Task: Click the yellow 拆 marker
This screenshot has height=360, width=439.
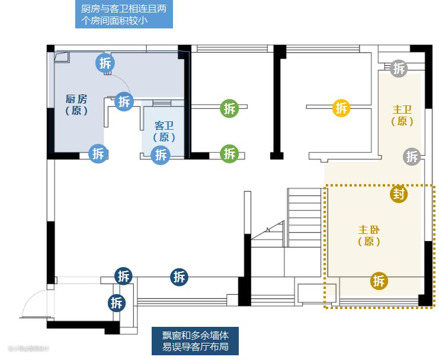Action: point(341,108)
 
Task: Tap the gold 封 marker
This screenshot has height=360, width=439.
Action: point(399,194)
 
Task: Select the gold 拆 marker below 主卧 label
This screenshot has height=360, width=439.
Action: point(379,281)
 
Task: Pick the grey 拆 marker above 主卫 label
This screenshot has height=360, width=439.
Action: point(399,68)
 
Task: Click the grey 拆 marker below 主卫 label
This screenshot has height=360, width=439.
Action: point(412,156)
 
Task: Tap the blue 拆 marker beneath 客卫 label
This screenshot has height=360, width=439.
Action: point(161,155)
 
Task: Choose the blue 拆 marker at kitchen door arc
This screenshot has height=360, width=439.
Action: point(124,101)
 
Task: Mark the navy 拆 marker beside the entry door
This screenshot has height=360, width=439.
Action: point(117,303)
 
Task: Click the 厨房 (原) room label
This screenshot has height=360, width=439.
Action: point(76,105)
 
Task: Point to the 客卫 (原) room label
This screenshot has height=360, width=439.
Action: point(164,131)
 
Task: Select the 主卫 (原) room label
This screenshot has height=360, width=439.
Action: point(402,115)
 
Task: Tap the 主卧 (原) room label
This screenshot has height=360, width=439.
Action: point(369,235)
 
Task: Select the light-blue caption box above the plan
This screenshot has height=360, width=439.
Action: point(125,15)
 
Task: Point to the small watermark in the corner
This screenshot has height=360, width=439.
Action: point(28,348)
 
